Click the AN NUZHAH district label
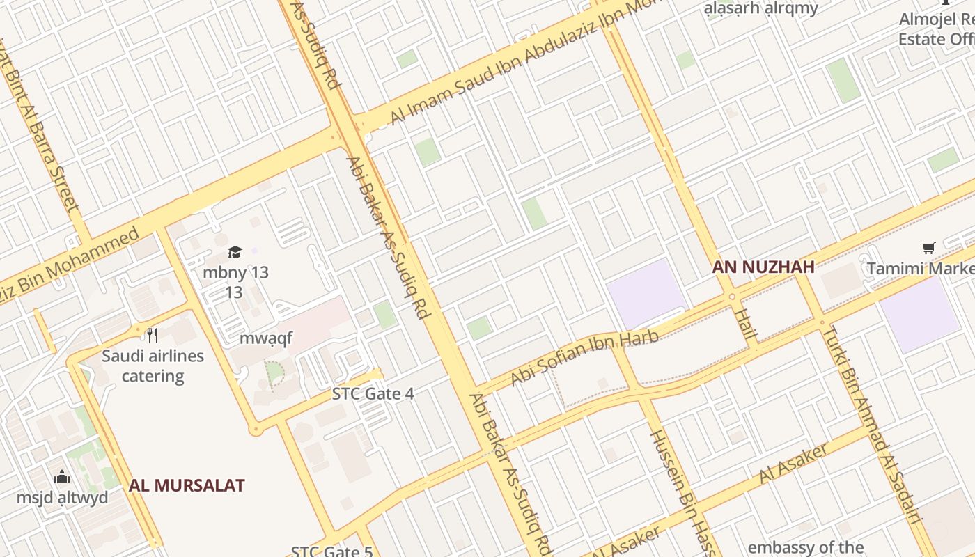pos(763,267)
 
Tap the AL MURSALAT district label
pos(187,485)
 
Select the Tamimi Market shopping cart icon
pos(928,249)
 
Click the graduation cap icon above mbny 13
pos(235,252)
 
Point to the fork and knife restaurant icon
pos(153,335)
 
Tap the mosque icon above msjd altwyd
pos(62,477)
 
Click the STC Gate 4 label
pos(373,394)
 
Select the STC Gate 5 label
pos(331,551)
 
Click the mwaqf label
pos(265,339)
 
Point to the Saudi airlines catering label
pos(153,366)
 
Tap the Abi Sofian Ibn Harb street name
pos(584,358)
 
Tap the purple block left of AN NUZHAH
pos(645,292)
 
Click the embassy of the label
pos(805,547)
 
